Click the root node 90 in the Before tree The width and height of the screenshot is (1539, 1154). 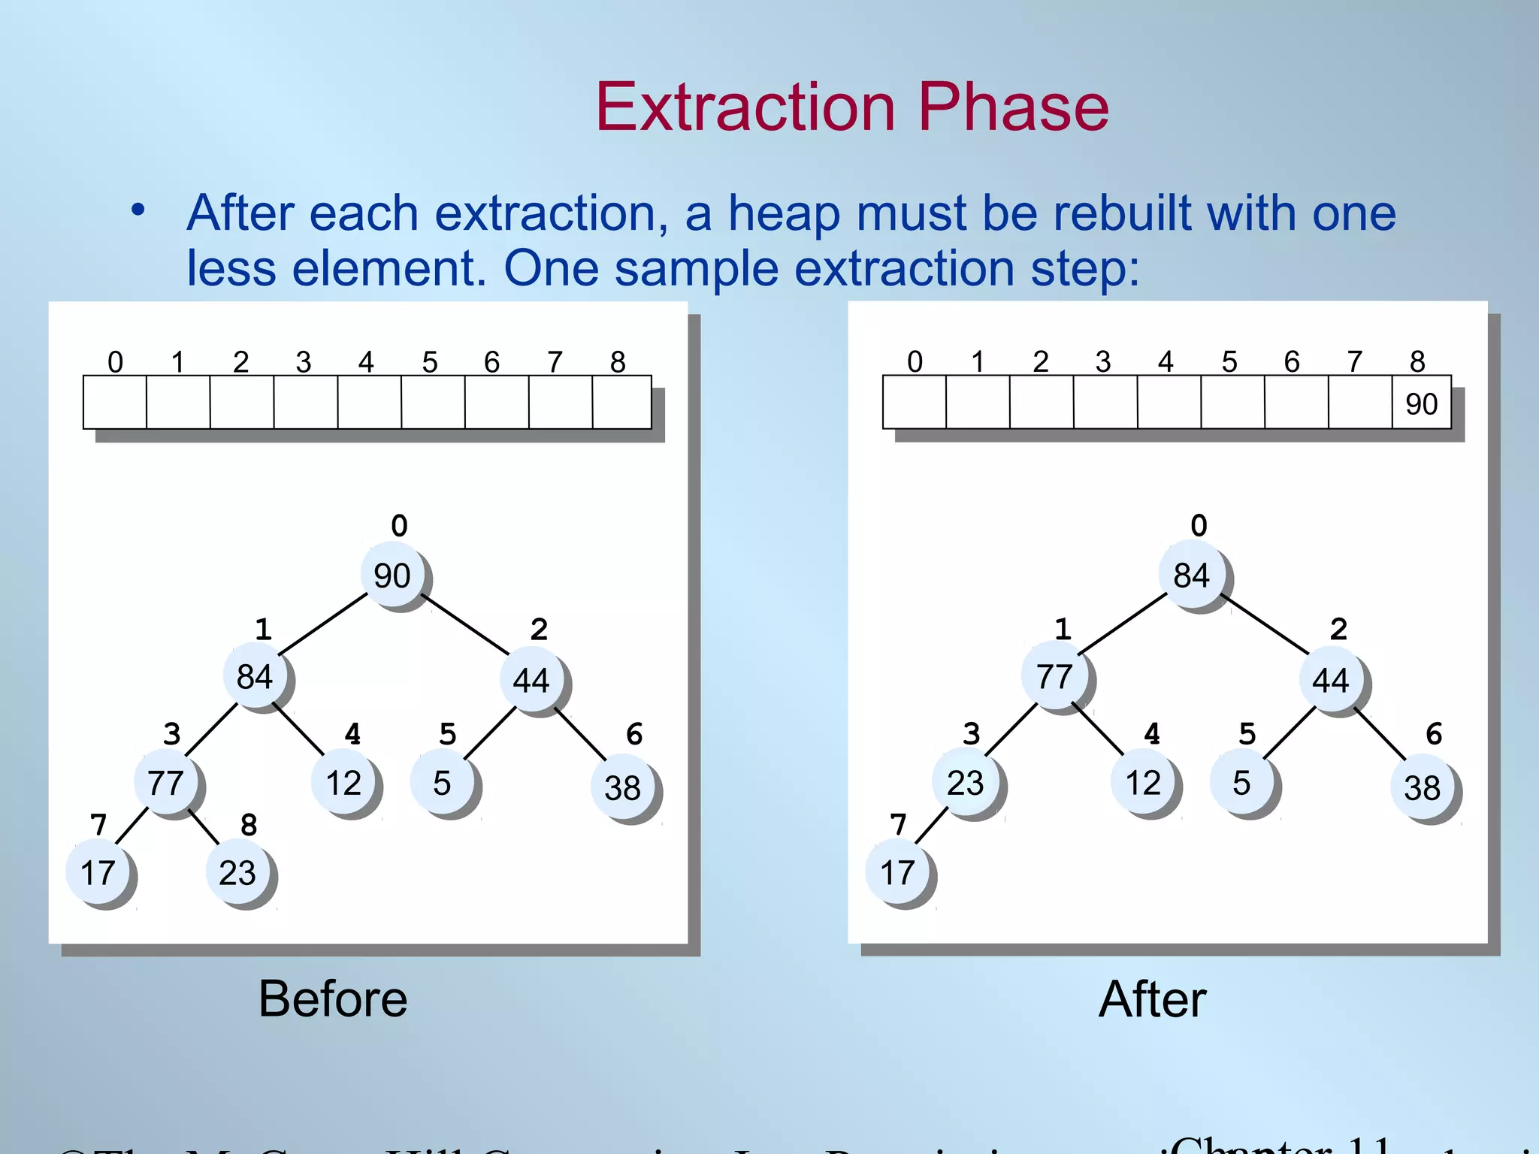coord(392,576)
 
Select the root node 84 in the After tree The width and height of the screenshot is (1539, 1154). coord(1192,576)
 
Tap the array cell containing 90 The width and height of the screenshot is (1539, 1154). coord(1421,403)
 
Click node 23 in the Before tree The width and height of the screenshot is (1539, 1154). coord(237,873)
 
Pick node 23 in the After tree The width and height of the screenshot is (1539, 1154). coord(966,783)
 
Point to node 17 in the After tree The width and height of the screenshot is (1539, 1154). coord(897,873)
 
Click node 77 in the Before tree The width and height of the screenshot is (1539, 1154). coord(166,784)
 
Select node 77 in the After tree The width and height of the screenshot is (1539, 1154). coord(1054,677)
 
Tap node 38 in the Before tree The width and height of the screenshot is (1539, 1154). coord(623,788)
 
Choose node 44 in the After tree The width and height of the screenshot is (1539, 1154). coord(1331,681)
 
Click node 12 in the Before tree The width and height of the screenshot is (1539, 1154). coord(343,784)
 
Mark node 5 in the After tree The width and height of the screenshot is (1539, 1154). coord(1241,784)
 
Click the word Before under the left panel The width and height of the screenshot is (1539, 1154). coord(333,999)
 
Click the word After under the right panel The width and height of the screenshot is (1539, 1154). coord(1153,999)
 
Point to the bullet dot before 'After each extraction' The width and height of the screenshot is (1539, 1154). coord(138,211)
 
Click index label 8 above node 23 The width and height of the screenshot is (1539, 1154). coord(249,825)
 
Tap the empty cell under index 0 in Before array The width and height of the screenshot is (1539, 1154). coord(115,403)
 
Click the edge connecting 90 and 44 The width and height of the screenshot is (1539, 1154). coord(465,624)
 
